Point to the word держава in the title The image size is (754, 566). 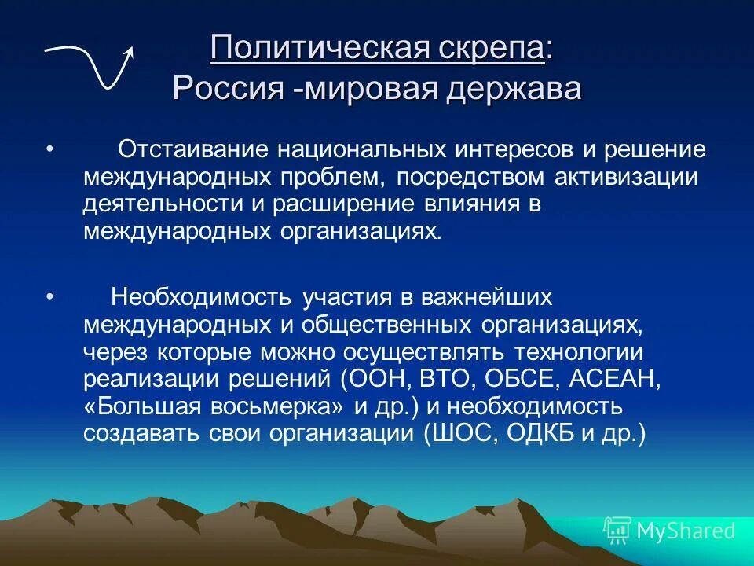pyautogui.click(x=515, y=87)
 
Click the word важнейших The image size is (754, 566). pyautogui.click(x=488, y=298)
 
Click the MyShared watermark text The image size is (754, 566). pyautogui.click(x=686, y=531)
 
